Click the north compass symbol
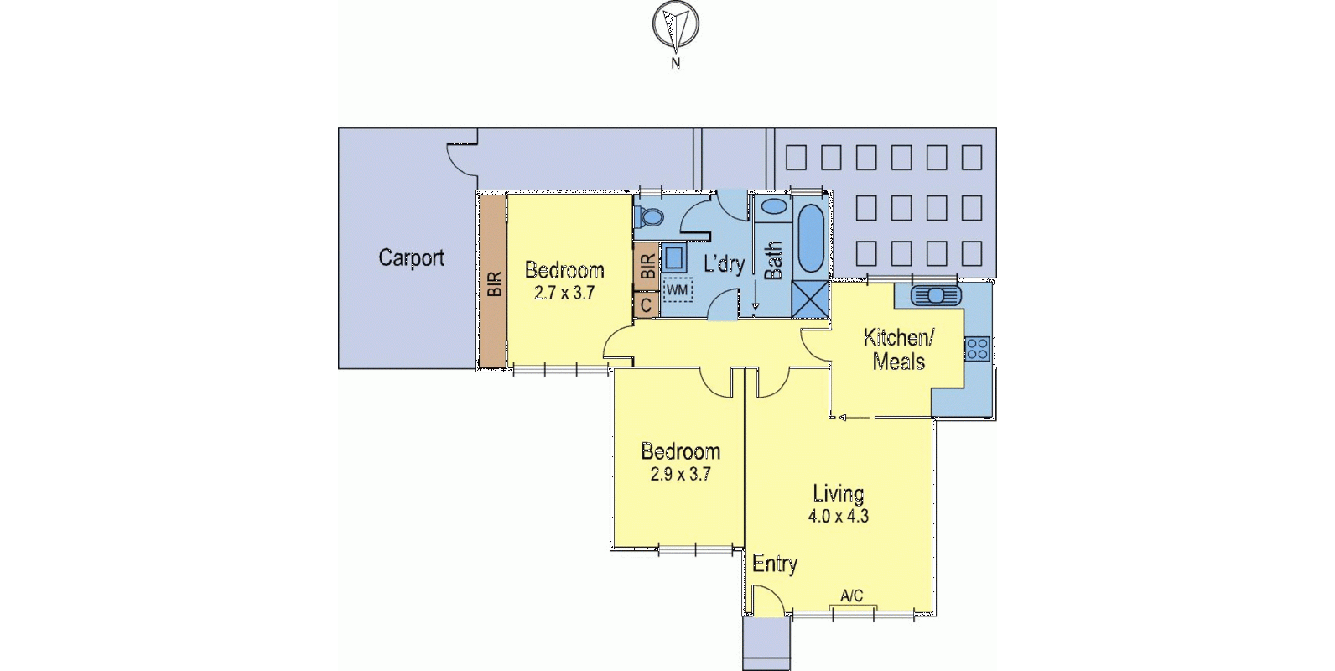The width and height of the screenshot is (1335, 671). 675,26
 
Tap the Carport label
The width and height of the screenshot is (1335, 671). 411,257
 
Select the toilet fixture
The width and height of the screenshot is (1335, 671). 650,216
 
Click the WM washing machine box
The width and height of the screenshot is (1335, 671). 677,290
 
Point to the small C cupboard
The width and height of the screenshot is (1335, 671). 646,304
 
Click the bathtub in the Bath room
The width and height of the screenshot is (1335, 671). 810,237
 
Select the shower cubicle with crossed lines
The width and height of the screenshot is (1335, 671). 809,299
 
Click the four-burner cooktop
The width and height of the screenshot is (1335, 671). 978,348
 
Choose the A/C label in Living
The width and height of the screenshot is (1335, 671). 851,596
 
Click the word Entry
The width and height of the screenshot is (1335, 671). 774,564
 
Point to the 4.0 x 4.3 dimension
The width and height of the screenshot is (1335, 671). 838,517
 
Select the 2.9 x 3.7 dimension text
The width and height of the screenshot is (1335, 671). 680,475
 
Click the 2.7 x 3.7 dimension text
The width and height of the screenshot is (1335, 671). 564,293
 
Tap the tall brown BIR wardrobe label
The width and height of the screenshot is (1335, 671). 494,283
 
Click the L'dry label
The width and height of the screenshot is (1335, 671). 724,263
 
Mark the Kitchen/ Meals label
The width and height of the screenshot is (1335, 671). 898,350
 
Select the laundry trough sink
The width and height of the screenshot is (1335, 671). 673,257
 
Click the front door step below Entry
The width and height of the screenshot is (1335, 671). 766,644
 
